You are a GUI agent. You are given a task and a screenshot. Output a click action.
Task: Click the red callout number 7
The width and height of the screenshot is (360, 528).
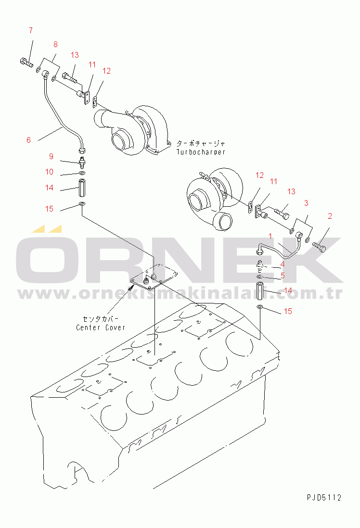pyautogui.click(x=31, y=30)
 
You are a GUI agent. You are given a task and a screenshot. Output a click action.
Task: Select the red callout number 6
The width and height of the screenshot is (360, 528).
pyautogui.click(x=29, y=140)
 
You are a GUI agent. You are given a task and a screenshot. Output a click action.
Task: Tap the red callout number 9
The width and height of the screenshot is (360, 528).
pyautogui.click(x=51, y=156)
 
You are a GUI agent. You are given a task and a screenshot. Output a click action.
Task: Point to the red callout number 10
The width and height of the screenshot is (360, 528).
pyautogui.click(x=49, y=172)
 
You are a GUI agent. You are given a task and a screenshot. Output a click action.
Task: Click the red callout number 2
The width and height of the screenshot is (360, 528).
pyautogui.click(x=330, y=216)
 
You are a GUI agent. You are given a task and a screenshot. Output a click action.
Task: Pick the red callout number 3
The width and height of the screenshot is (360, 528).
pyautogui.click(x=306, y=203)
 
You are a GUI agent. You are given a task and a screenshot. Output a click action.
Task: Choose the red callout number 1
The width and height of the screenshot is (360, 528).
pyautogui.click(x=270, y=236)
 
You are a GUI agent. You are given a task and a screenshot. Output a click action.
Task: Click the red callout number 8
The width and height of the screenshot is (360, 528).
pyautogui.click(x=56, y=44)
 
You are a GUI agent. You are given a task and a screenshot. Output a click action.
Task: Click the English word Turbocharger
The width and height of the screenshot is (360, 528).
pyautogui.click(x=201, y=152)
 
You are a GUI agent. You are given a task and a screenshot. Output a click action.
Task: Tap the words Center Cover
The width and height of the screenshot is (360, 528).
pyautogui.click(x=101, y=327)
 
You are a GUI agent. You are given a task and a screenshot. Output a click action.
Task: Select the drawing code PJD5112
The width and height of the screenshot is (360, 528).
pyautogui.click(x=324, y=497)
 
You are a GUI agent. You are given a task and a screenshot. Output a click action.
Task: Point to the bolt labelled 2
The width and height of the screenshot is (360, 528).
pyautogui.click(x=320, y=246)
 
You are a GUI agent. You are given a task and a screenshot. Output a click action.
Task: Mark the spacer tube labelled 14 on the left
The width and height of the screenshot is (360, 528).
pyautogui.click(x=83, y=188)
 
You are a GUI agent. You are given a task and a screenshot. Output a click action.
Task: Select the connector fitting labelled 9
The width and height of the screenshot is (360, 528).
pyautogui.click(x=82, y=162)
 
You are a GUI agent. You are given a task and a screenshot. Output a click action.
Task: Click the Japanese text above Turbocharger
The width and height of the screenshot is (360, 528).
pyautogui.click(x=201, y=143)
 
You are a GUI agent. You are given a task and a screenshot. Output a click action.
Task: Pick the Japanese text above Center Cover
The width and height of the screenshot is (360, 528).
pyautogui.click(x=101, y=318)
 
